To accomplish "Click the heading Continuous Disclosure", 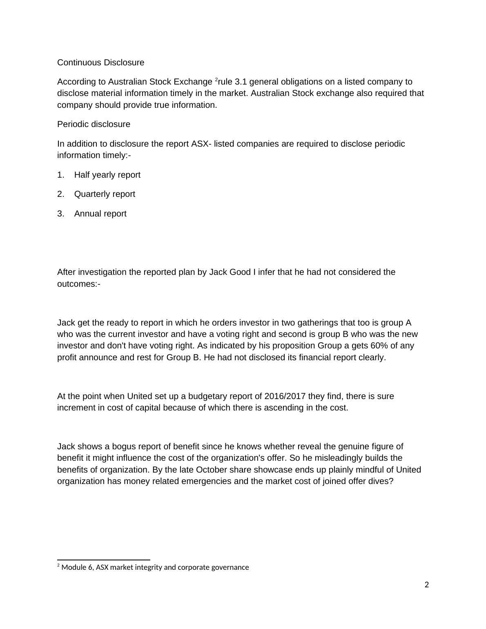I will pos(100,62).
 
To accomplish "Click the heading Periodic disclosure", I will pos(94,124).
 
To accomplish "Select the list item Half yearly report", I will pos(107,175).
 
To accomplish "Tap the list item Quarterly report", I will pos(105,194).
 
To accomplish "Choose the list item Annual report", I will pos(100,214).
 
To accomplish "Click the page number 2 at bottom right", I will pos(427,585).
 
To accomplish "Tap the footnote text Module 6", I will pos(77,567).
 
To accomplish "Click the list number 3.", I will pos(60,214).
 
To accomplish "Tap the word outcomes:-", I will pos(79,284).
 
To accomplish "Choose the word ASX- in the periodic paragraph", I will pos(201,144).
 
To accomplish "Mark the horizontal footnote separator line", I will pos(104,560).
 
